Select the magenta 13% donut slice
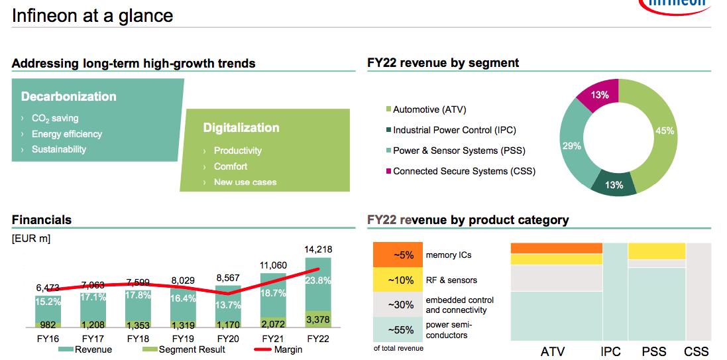coord(600,95)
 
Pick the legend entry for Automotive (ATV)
coord(433,109)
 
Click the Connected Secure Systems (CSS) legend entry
coord(463,171)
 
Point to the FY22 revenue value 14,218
coord(318,249)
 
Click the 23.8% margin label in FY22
coord(318,280)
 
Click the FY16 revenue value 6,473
coord(48,288)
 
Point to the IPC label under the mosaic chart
coord(610,351)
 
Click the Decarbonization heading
coord(69,97)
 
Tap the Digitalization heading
coord(241,128)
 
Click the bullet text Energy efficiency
coord(66,134)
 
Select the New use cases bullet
coord(245,182)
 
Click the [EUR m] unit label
coord(31,238)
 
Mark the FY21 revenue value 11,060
coord(273,265)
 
